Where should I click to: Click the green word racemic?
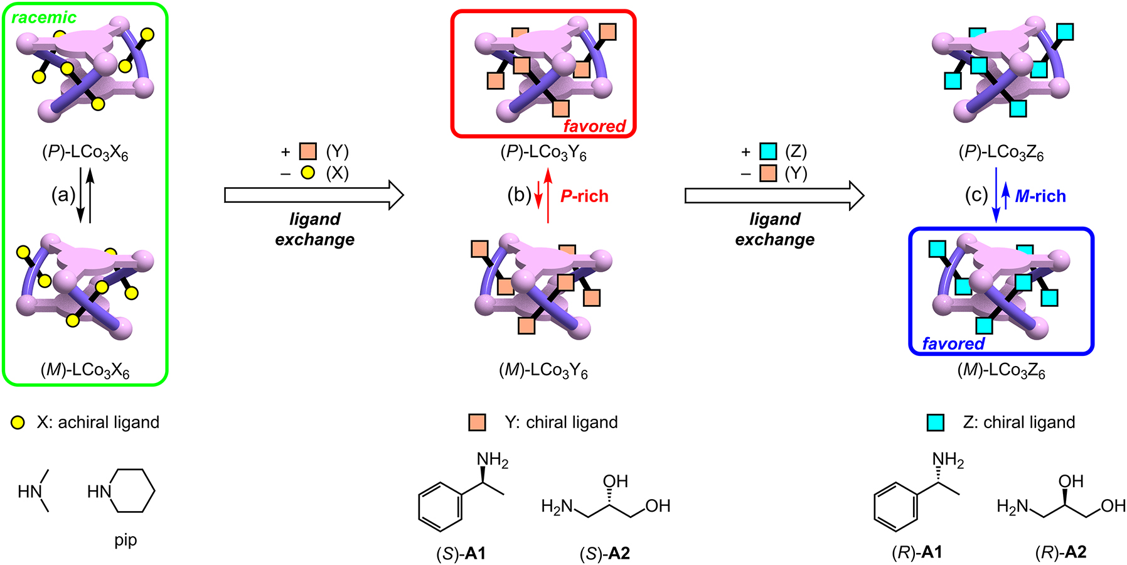coord(44,18)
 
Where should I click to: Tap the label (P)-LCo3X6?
coord(85,153)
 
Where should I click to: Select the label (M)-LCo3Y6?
coord(543,370)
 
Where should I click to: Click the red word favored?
coord(594,126)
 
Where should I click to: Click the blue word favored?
coord(953,343)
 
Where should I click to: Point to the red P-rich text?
coord(584,196)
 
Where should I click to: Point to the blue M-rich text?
coord(1040,196)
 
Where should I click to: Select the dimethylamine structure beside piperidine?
coord(35,491)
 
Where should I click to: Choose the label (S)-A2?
coord(605,553)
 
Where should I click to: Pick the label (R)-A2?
coord(1060,552)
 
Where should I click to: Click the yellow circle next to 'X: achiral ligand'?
coord(18,422)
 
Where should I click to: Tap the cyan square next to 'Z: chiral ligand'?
coord(936,422)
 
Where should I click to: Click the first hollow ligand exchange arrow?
coord(314,195)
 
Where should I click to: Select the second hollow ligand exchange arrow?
coord(774,195)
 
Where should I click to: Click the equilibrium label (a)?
coord(63,195)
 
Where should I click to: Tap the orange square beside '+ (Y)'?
coord(307,151)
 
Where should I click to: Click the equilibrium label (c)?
coord(976,195)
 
